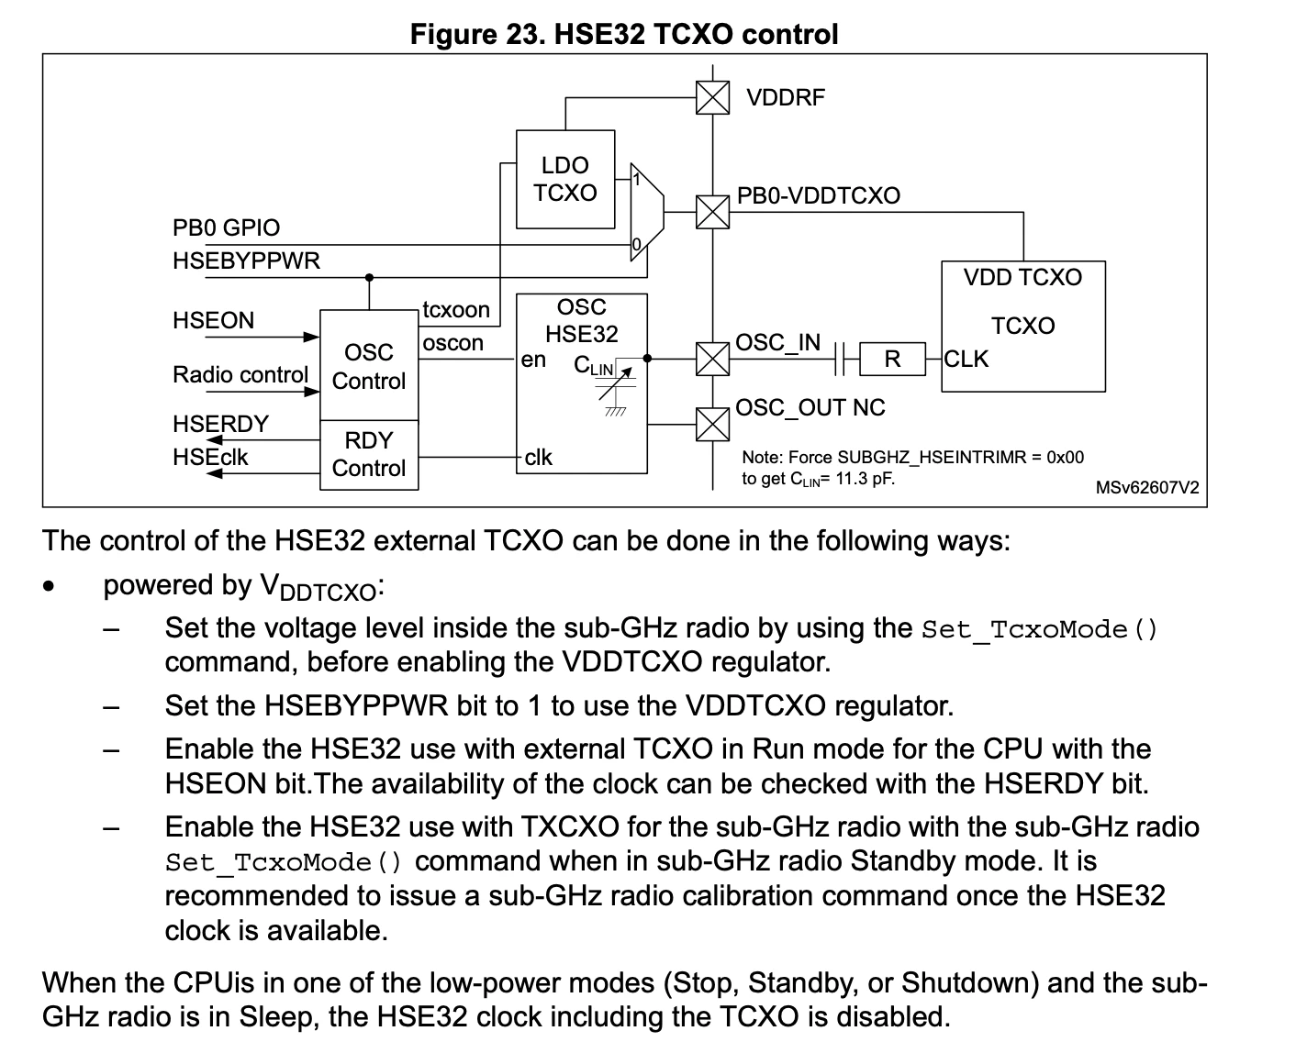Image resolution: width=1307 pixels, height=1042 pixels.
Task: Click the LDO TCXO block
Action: tap(564, 179)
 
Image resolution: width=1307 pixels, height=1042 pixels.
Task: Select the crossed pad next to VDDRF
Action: tap(712, 97)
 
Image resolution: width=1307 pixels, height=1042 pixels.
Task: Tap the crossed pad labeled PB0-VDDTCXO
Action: tap(712, 212)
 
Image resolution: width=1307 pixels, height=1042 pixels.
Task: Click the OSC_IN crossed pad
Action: tap(712, 359)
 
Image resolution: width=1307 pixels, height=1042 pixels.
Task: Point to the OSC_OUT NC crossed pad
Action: tap(712, 424)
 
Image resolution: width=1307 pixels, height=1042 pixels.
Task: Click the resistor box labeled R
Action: tap(892, 359)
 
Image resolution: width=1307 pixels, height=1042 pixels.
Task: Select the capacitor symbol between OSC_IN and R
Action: tap(839, 359)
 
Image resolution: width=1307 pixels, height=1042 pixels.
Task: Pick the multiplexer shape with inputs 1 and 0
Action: tap(647, 212)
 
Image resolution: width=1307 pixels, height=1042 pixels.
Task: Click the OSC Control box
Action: tap(369, 365)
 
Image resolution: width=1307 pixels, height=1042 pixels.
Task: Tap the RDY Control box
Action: tap(369, 455)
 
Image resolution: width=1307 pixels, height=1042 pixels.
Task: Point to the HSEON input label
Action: tap(213, 320)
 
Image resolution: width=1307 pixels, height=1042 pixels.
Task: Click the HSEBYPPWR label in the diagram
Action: tap(246, 260)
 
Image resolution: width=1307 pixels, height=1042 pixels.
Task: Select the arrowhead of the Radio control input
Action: tap(311, 392)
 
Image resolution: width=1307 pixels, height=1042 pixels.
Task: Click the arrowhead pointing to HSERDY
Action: tap(214, 440)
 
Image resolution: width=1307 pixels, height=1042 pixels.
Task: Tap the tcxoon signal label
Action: tap(456, 309)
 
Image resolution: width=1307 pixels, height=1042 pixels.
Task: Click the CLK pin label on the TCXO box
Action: tap(966, 359)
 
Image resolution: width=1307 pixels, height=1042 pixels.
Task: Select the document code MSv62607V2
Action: tap(1147, 487)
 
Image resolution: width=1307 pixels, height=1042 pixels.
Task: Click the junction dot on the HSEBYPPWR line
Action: tap(369, 277)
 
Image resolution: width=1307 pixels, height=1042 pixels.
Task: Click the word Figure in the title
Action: tap(453, 34)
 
